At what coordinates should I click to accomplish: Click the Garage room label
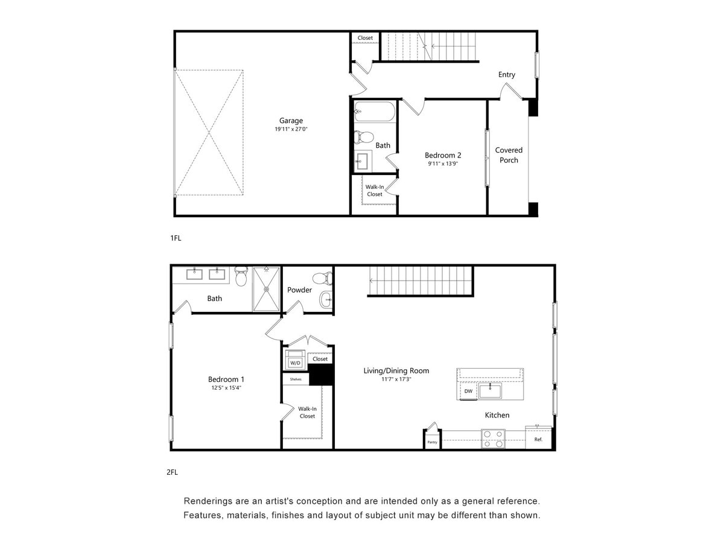(291, 121)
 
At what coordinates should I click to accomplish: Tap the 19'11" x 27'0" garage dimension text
(291, 129)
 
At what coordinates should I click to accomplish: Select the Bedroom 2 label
(443, 155)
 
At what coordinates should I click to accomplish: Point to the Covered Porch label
(509, 155)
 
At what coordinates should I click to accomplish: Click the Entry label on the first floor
(507, 75)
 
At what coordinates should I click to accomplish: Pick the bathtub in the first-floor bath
(375, 112)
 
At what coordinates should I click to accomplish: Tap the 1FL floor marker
(176, 238)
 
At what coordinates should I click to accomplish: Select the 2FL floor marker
(172, 472)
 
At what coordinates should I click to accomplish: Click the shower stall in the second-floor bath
(266, 288)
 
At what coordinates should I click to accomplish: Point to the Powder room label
(299, 290)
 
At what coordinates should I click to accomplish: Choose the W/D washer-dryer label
(295, 363)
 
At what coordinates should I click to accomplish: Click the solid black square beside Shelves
(321, 375)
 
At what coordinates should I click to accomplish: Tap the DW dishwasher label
(468, 392)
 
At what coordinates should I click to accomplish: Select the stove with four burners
(493, 439)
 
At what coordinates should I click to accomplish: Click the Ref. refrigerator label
(538, 439)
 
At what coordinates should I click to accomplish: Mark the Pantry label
(432, 442)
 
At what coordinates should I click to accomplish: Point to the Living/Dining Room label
(396, 370)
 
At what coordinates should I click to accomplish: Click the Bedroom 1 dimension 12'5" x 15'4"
(226, 388)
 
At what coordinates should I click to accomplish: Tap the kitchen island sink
(490, 390)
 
